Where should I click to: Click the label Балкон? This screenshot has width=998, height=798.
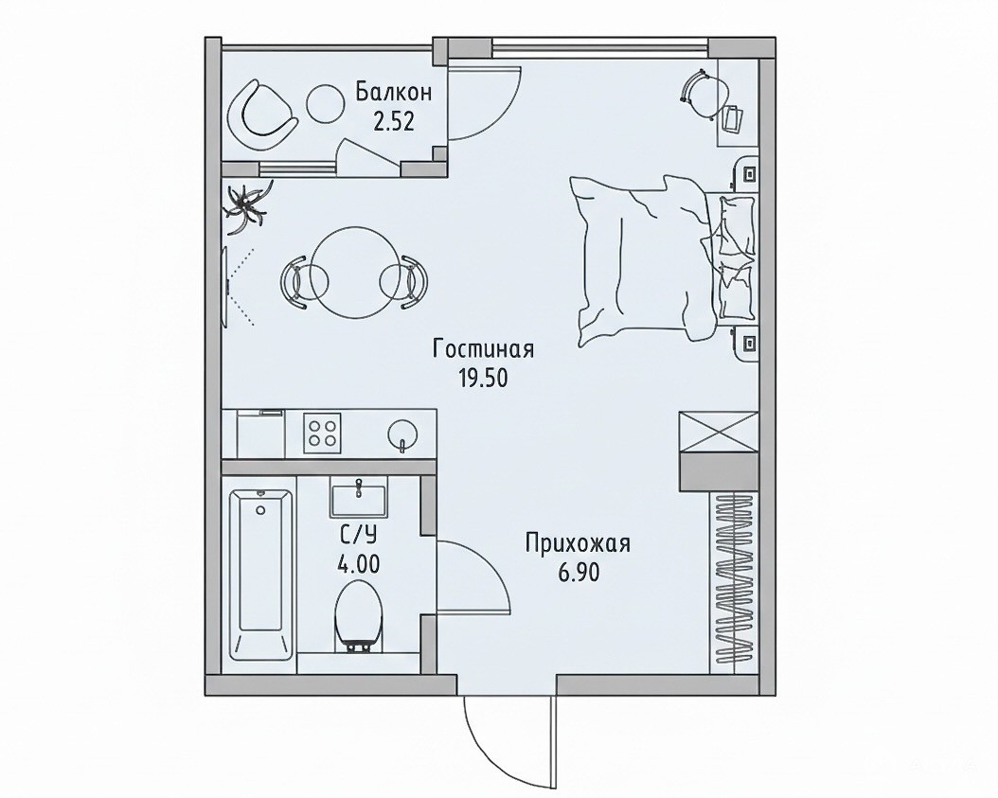pyautogui.click(x=393, y=92)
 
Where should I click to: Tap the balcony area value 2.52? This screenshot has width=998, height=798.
pyautogui.click(x=393, y=121)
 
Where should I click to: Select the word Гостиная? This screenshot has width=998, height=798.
pyautogui.click(x=483, y=349)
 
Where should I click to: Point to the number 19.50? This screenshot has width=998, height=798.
pyautogui.click(x=483, y=379)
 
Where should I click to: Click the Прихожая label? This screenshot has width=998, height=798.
pyautogui.click(x=578, y=544)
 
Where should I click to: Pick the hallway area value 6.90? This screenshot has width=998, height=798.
pyautogui.click(x=579, y=574)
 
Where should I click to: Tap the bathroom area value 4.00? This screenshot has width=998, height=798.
pyautogui.click(x=358, y=564)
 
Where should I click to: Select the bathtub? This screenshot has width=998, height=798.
pyautogui.click(x=261, y=576)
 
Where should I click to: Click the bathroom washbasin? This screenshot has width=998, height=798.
pyautogui.click(x=358, y=499)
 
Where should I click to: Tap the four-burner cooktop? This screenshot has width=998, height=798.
pyautogui.click(x=322, y=433)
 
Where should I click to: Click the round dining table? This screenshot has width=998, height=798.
pyautogui.click(x=354, y=272)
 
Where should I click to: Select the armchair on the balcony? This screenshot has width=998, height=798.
pyautogui.click(x=261, y=114)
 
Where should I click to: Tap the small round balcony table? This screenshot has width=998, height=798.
pyautogui.click(x=326, y=104)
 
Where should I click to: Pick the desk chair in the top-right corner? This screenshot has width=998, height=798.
pyautogui.click(x=704, y=93)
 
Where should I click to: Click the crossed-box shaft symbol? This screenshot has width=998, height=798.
pyautogui.click(x=719, y=432)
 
